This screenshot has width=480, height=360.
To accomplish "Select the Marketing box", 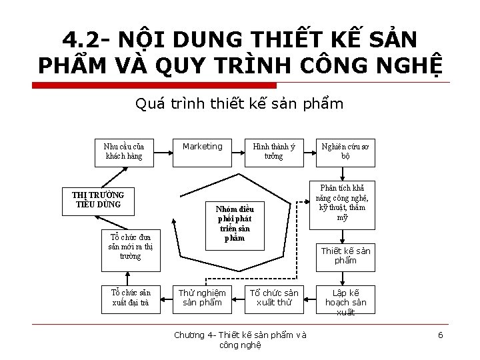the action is [x=202, y=151].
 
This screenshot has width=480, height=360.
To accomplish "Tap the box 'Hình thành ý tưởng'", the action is [x=273, y=151].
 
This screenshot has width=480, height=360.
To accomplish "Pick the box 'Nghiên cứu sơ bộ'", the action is [x=345, y=151].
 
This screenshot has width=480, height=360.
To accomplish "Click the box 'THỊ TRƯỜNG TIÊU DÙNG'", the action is [x=98, y=199].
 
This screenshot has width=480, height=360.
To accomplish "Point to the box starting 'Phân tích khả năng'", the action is [x=342, y=203].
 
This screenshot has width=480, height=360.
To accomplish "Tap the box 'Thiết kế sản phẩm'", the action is [x=345, y=255].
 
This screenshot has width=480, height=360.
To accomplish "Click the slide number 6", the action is [x=440, y=335].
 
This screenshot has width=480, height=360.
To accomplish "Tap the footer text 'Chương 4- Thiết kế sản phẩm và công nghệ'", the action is [x=240, y=339].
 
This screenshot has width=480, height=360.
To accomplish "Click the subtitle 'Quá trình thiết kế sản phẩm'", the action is [x=239, y=104].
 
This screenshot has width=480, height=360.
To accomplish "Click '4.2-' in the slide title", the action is [x=87, y=39].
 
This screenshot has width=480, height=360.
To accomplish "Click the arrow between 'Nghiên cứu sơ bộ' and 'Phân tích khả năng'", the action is [x=343, y=174].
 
